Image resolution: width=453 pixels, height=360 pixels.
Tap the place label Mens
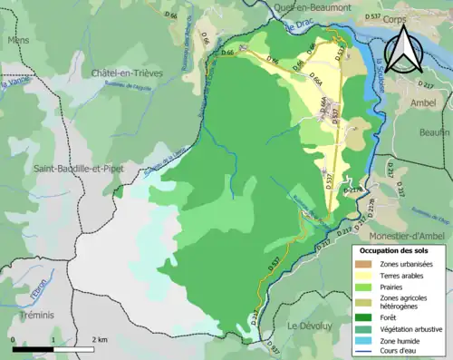click(x=18, y=41)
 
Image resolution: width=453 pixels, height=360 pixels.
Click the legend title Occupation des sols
click(x=396, y=248)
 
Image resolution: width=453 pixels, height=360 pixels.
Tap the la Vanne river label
click(x=11, y=86)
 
